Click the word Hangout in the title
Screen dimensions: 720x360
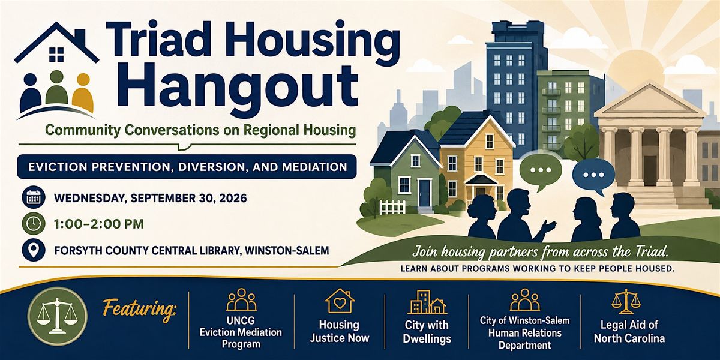240,88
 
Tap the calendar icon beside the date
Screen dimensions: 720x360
34,197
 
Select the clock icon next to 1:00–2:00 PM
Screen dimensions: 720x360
34,224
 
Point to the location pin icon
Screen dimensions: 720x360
34,250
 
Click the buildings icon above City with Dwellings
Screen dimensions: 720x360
427,302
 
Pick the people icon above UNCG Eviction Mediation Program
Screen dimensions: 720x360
241,301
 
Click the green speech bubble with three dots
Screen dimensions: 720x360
541,172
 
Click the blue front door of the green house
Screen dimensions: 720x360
425,193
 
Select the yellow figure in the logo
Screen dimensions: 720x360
83,92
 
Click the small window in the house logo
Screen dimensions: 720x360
56,55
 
